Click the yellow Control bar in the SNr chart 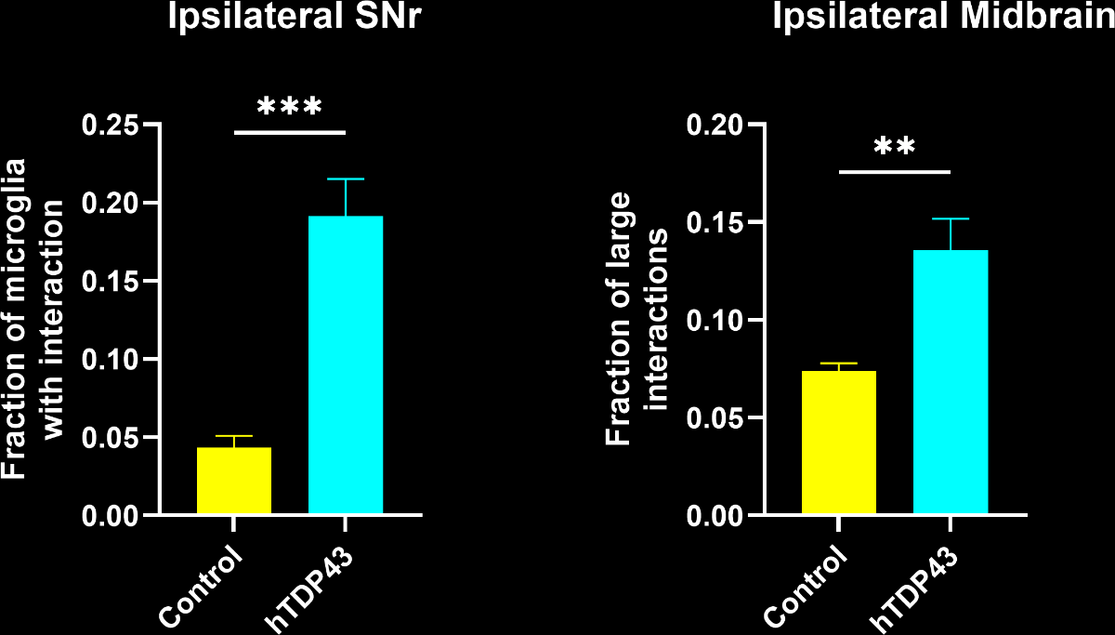coord(234,481)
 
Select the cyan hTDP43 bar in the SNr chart coord(346,364)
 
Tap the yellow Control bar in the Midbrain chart coord(839,443)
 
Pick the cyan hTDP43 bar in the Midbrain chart coord(951,382)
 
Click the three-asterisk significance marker coord(289,107)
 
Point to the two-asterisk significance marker coord(895,148)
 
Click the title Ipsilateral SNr coord(289,18)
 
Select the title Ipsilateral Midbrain coord(944,18)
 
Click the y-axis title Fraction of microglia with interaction coord(34,319)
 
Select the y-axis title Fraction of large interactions coord(637,319)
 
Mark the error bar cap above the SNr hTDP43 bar coord(346,179)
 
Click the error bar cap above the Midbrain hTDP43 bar coord(951,218)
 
